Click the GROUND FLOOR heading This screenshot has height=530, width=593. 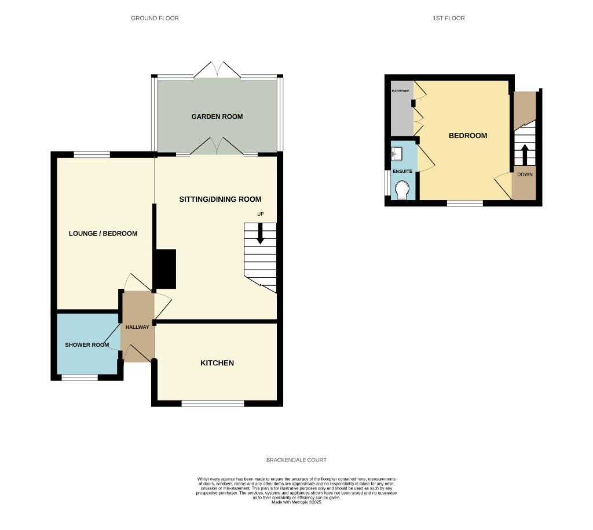pos(155,18)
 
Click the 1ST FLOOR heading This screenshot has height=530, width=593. pos(448,18)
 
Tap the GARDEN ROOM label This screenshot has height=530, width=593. pos(217,117)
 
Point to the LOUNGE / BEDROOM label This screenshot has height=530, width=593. pos(103,234)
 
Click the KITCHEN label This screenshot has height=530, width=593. pos(217,363)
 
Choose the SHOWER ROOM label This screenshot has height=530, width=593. pos(87,345)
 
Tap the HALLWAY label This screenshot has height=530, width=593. pos(137,327)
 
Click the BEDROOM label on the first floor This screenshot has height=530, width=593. pos(468,136)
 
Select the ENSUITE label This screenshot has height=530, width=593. pos(402,172)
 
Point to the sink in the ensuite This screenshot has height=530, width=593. pos(397,154)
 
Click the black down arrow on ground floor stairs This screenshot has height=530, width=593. pos(260,234)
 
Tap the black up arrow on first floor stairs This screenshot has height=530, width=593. pos(525,154)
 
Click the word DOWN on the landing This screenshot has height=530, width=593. pos(525,174)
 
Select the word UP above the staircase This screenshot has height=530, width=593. pos(261,215)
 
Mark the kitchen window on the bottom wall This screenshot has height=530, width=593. pos(213,403)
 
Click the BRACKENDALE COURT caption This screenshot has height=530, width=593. pos(296,460)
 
